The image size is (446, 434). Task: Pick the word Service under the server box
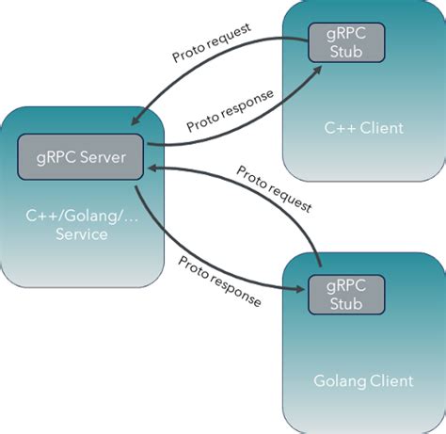click(80, 233)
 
